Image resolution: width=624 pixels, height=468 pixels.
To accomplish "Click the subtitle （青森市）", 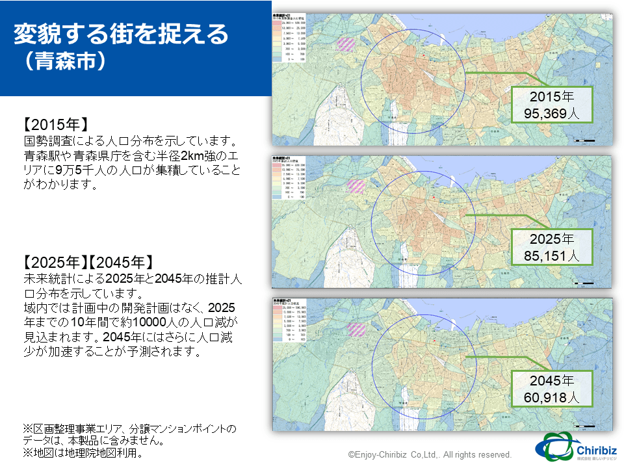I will click(x=62, y=63).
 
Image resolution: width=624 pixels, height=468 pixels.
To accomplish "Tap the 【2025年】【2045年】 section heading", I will click(x=87, y=263).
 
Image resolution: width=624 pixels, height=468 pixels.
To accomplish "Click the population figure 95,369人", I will click(x=551, y=113).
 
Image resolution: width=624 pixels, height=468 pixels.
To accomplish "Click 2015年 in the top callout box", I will click(x=551, y=96).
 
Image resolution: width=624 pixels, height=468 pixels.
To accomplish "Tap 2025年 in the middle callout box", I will click(x=551, y=239).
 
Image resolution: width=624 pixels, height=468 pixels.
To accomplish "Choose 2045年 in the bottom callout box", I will click(x=551, y=381).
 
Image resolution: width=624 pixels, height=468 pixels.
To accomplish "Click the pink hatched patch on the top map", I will click(x=346, y=45).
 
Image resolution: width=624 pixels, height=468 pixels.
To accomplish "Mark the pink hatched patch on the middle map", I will click(x=356, y=186).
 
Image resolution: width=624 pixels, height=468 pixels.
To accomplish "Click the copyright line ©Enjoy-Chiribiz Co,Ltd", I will click(x=429, y=455).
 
